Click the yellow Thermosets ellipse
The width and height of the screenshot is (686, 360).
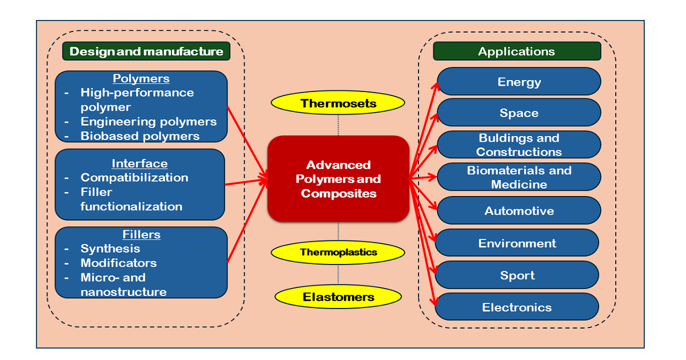pyautogui.click(x=338, y=103)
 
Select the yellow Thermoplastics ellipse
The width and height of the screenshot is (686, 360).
pyautogui.click(x=338, y=252)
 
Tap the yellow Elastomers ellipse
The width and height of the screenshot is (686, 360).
pyautogui.click(x=338, y=297)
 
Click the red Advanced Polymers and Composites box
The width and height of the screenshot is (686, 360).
pyautogui.click(x=338, y=179)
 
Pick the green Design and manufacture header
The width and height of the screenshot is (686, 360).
pyautogui.click(x=146, y=51)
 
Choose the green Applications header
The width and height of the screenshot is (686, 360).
pyautogui.click(x=517, y=51)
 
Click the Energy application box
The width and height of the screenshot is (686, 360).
pyautogui.click(x=519, y=82)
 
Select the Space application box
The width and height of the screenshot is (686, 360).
pyautogui.click(x=519, y=113)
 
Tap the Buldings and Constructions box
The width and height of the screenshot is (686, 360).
pyautogui.click(x=519, y=145)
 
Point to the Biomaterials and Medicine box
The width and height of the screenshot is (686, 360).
pyautogui.click(x=519, y=177)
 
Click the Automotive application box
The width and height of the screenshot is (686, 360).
pyautogui.click(x=519, y=211)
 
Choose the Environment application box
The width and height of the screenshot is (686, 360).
pyautogui.click(x=517, y=243)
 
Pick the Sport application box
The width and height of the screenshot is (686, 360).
pyautogui.click(x=517, y=275)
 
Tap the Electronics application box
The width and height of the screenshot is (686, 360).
pyautogui.click(x=517, y=307)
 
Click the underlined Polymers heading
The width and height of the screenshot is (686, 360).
pyautogui.click(x=141, y=79)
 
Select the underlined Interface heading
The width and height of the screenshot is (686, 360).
pyautogui.click(x=140, y=164)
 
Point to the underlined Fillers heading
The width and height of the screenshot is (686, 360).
pyautogui.click(x=141, y=234)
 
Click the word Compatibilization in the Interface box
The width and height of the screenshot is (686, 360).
pyautogui.click(x=134, y=178)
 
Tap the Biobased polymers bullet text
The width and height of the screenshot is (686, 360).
pyautogui.click(x=140, y=136)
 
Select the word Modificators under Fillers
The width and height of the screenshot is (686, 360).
pyautogui.click(x=118, y=263)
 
